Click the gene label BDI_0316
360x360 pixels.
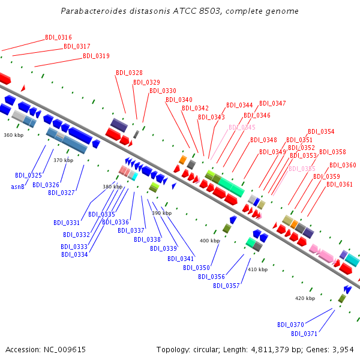[x=58, y=37]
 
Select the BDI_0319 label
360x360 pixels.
[x=96, y=56]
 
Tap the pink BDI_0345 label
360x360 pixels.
[x=242, y=127]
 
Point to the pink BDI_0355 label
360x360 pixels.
[x=302, y=169]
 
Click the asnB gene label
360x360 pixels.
[x=17, y=187]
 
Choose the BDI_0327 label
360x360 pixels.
[x=62, y=193]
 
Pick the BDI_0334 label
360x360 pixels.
[x=74, y=254]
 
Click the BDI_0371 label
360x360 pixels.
[x=304, y=334]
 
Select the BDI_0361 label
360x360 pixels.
[x=340, y=184]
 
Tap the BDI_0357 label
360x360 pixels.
[x=226, y=286]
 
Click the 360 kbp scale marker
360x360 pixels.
[x=13, y=135]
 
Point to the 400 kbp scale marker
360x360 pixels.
[x=209, y=241]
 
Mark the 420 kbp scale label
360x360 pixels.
[x=305, y=298]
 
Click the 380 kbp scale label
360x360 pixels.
[x=112, y=187]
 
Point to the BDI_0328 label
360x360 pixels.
[x=129, y=73]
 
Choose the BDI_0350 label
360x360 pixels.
[x=196, y=268]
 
